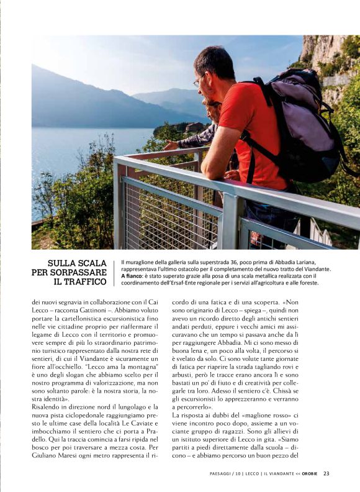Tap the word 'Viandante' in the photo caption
point(315,269)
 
